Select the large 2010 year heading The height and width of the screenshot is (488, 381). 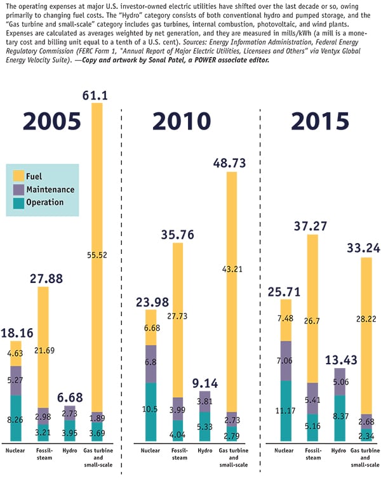pyautogui.click(x=185, y=121)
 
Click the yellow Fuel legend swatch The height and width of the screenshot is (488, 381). pyautogui.click(x=18, y=176)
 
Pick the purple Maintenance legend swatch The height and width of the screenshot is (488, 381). pyautogui.click(x=18, y=189)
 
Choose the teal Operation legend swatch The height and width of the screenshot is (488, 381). pyautogui.click(x=18, y=202)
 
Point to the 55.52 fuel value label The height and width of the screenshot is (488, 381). pyautogui.click(x=97, y=254)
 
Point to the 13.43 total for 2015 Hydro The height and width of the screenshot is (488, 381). pyautogui.click(x=340, y=360)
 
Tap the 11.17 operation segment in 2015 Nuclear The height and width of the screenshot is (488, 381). pyautogui.click(x=284, y=410)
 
